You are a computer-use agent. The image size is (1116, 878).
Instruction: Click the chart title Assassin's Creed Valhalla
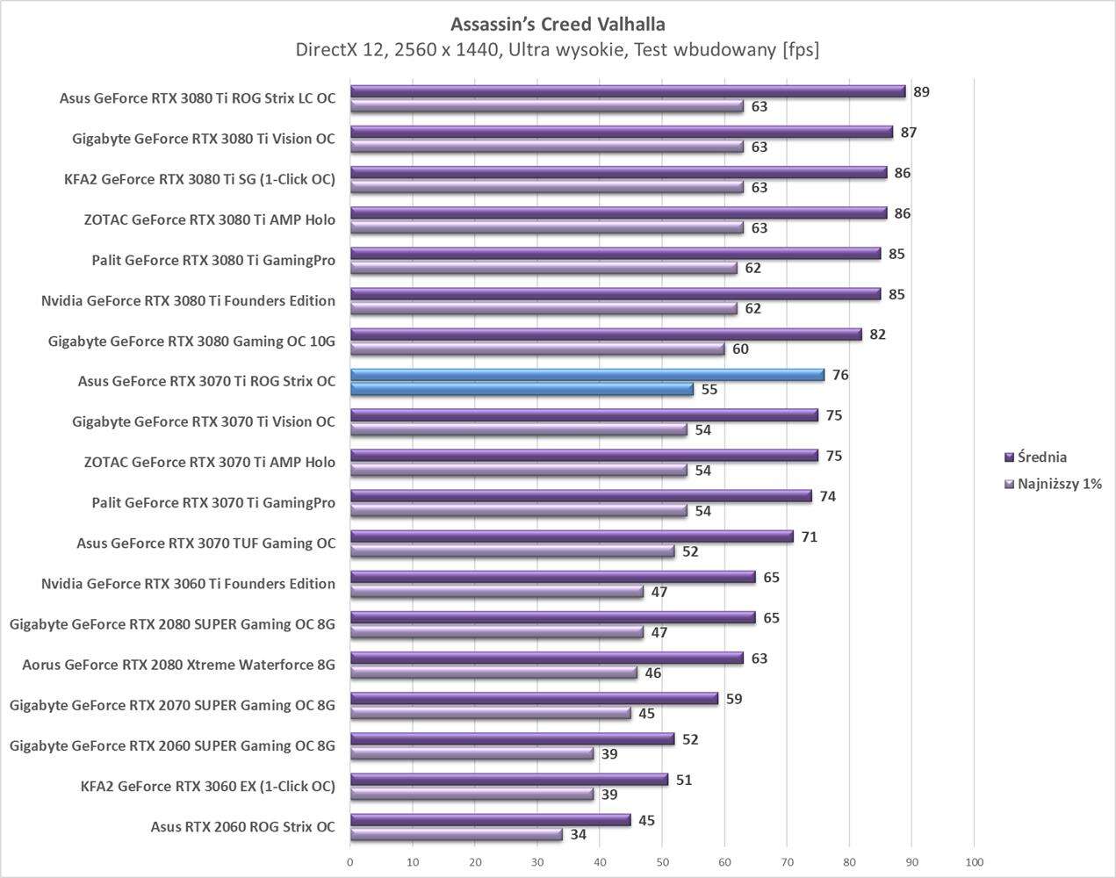[x=558, y=23]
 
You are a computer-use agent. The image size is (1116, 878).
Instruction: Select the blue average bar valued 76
[x=587, y=375]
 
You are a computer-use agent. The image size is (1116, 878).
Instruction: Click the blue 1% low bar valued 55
[x=522, y=389]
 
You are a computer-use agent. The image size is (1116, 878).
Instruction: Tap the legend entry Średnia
[x=1041, y=457]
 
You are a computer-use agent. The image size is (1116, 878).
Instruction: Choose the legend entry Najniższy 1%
[x=1059, y=484]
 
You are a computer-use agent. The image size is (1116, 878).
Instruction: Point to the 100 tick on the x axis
[x=974, y=862]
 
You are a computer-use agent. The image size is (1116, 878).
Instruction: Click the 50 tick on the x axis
[x=662, y=862]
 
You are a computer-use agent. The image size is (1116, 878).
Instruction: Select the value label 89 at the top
[x=921, y=92]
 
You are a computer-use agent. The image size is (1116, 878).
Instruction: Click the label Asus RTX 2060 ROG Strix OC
[x=242, y=826]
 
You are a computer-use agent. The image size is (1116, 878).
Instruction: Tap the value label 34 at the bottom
[x=578, y=835]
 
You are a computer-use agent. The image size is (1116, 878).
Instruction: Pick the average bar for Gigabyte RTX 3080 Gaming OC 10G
[x=606, y=335]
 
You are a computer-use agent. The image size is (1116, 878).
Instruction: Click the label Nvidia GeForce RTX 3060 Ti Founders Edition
[x=188, y=584]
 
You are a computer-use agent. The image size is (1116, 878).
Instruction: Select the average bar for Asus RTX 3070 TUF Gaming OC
[x=572, y=536]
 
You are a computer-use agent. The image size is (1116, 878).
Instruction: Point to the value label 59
[x=734, y=700]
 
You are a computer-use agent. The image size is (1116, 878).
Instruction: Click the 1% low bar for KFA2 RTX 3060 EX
[x=472, y=794]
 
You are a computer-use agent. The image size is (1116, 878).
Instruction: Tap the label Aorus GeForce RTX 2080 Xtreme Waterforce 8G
[x=178, y=665]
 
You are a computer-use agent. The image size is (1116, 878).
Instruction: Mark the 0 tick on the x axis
[x=350, y=862]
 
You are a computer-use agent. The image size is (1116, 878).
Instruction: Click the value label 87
[x=909, y=133]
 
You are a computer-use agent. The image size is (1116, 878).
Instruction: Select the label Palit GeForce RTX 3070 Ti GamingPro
[x=213, y=503]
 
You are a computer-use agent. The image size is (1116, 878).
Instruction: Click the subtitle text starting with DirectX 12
[x=558, y=50]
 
